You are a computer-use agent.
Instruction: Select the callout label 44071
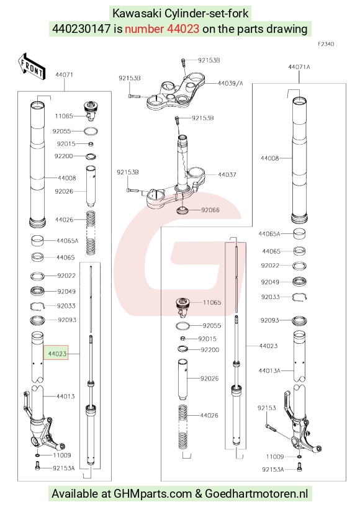pyautogui.click(x=64, y=74)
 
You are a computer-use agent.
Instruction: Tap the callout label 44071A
pyautogui.click(x=299, y=67)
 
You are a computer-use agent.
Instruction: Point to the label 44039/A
pyautogui.click(x=230, y=83)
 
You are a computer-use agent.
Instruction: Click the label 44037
pyautogui.click(x=227, y=174)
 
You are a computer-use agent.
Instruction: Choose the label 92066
pyautogui.click(x=210, y=210)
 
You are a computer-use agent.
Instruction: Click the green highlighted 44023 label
pyautogui.click(x=56, y=354)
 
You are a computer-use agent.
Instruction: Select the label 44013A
pyautogui.click(x=269, y=370)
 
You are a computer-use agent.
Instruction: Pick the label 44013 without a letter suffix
pyautogui.click(x=65, y=396)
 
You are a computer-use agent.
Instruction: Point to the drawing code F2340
pyautogui.click(x=326, y=44)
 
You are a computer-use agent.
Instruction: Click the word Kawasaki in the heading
pyautogui.click(x=137, y=14)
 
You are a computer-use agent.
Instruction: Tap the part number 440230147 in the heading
pyautogui.click(x=81, y=29)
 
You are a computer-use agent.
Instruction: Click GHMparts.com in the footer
pyautogui.click(x=153, y=494)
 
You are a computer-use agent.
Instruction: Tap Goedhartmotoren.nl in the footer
pyautogui.click(x=256, y=494)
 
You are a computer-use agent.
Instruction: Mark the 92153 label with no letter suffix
pyautogui.click(x=266, y=408)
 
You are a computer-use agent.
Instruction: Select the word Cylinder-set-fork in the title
pyautogui.click(x=207, y=14)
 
